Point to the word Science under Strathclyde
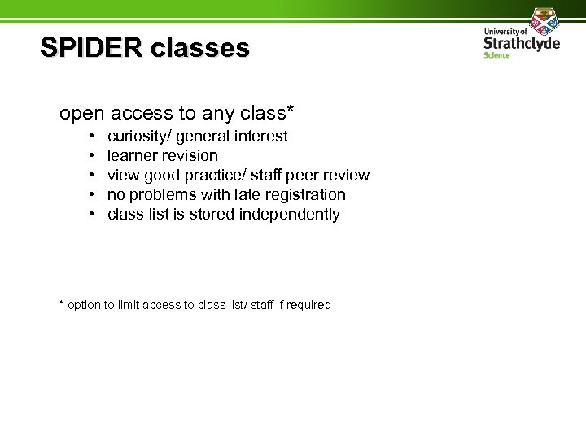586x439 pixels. click(496, 55)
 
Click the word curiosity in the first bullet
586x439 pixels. click(137, 137)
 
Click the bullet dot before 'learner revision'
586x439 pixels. click(92, 155)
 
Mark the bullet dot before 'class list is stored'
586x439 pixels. click(92, 215)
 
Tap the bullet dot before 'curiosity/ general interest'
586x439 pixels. click(92, 136)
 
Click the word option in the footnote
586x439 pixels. click(84, 305)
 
